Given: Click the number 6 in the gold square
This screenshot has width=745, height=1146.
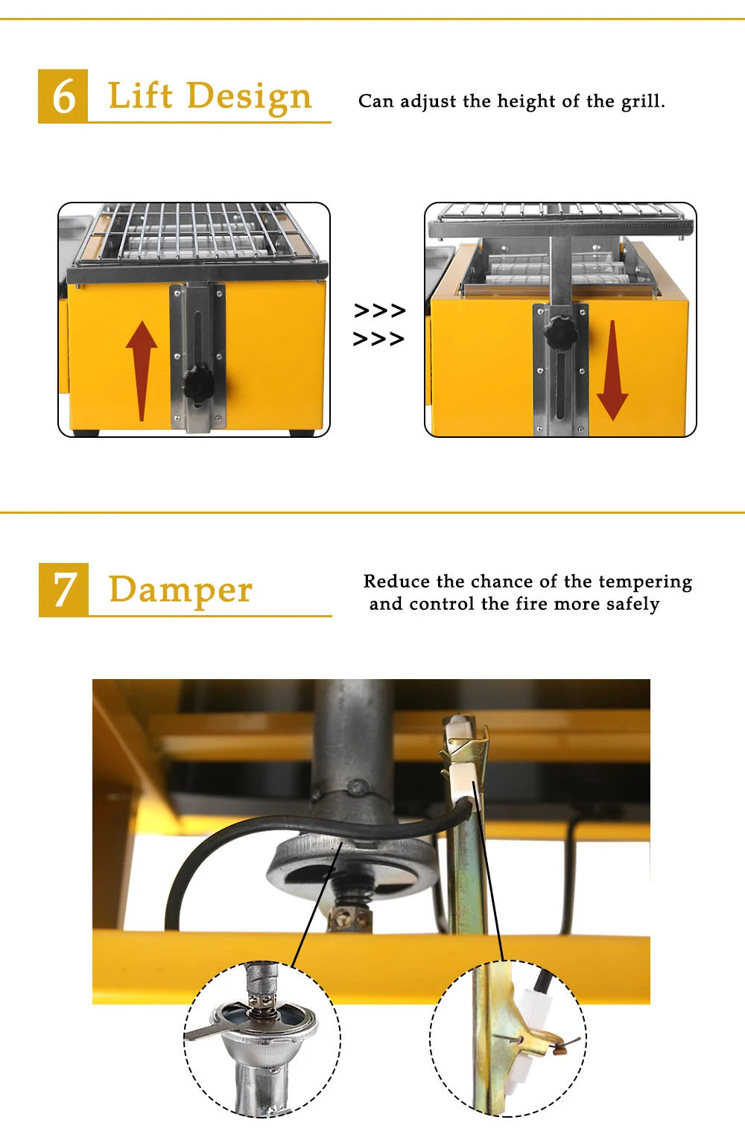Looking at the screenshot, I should click(63, 96).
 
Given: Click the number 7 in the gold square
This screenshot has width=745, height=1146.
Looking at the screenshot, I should click(64, 590).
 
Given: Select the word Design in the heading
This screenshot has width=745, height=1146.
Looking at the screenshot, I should click(249, 97).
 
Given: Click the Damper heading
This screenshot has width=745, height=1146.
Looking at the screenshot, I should click(180, 590).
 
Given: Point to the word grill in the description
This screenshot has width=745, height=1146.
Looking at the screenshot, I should click(642, 101).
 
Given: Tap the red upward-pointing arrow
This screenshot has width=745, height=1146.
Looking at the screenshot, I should click(141, 370).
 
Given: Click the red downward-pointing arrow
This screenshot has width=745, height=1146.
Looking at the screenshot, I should click(612, 370).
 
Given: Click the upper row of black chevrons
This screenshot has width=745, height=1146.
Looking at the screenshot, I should click(380, 311).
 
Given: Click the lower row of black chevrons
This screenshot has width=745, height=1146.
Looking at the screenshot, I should click(378, 339).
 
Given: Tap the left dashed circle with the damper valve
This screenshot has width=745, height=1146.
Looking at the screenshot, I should click(262, 1038).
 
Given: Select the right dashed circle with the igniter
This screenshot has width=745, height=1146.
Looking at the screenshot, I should click(508, 1038).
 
